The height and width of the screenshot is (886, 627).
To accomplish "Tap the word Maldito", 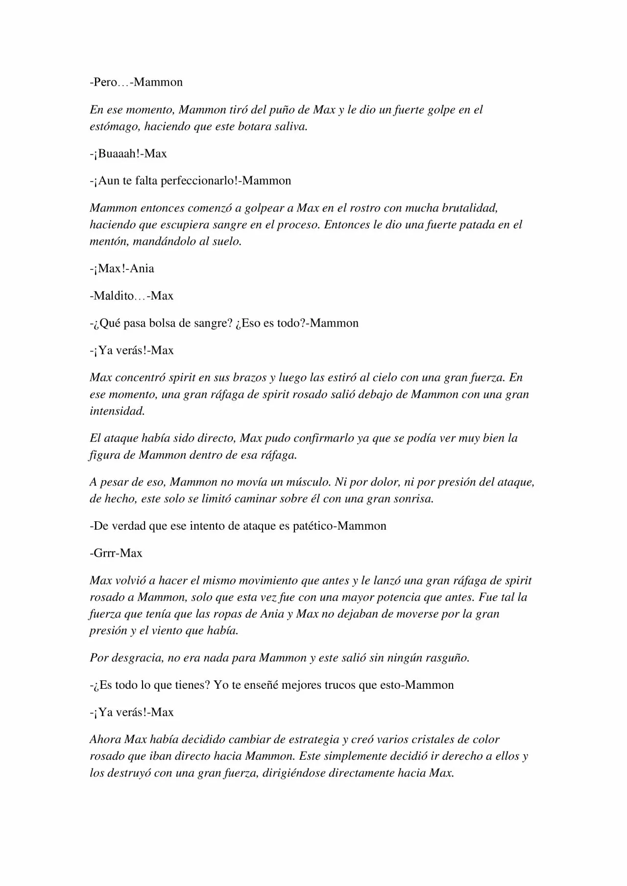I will pyautogui.click(x=114, y=296).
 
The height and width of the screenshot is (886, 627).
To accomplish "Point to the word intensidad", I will pyautogui.click(x=117, y=411).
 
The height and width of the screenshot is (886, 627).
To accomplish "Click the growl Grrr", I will pyautogui.click(x=105, y=554).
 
